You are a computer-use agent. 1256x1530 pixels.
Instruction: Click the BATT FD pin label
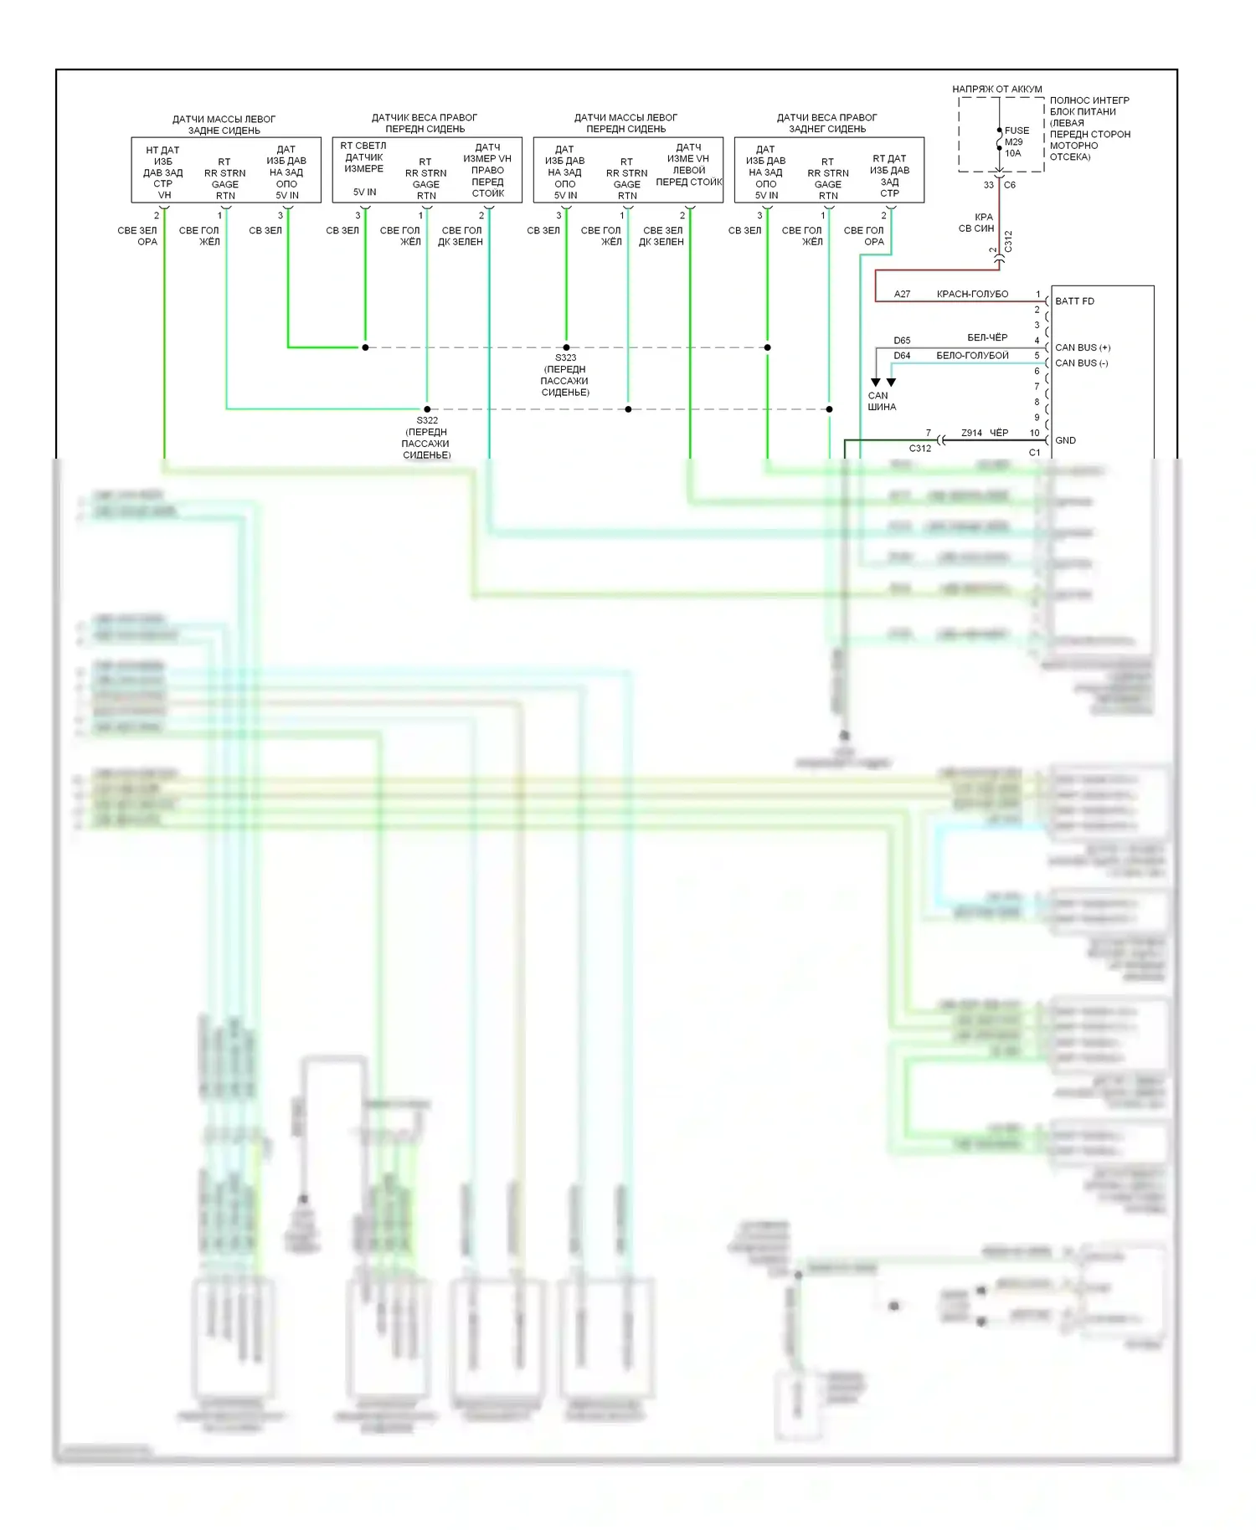1074,301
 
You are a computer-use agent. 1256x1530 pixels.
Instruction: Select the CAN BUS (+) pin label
1083,347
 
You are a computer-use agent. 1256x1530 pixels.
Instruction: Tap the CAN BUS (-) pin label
1081,363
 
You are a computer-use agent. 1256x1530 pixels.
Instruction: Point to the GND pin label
1065,440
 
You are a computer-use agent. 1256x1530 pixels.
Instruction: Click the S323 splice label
565,357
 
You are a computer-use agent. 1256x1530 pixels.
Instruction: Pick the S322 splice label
427,420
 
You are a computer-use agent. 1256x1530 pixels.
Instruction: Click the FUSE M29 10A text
1016,141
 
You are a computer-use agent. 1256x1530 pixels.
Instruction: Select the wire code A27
902,294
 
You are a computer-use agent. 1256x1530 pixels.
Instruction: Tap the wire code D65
902,341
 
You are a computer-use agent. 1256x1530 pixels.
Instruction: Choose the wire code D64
902,356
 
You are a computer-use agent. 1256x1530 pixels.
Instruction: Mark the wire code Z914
971,433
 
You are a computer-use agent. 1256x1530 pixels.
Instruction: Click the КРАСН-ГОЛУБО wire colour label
972,294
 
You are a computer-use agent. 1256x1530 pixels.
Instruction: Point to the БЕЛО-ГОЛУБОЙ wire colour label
972,356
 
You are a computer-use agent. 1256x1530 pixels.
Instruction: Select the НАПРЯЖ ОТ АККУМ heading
996,89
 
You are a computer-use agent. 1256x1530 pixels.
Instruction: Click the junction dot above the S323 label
566,347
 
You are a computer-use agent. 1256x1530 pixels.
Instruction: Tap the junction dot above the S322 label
427,409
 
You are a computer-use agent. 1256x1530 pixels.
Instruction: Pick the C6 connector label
1010,185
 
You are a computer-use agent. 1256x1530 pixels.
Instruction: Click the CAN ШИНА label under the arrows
881,402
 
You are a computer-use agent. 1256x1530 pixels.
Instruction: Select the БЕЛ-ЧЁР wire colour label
987,337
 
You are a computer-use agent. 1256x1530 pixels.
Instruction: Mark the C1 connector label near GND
1034,453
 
